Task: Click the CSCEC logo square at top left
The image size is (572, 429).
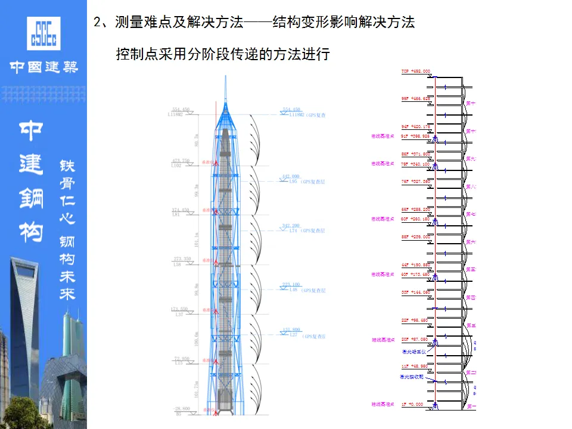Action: [x=43, y=33]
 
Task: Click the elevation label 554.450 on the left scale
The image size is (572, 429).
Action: [x=180, y=110]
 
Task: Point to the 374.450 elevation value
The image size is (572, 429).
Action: [x=180, y=210]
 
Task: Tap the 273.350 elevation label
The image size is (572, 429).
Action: [x=181, y=259]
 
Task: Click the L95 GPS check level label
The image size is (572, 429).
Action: [x=293, y=181]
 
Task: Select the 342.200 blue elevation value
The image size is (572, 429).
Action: [x=291, y=226]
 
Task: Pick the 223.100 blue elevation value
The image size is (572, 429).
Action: [x=291, y=285]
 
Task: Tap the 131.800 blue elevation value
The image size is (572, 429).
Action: [x=291, y=330]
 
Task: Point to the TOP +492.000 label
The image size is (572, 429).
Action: [x=415, y=71]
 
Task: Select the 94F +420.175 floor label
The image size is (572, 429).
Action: [x=415, y=127]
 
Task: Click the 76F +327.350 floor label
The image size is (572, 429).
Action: [x=415, y=181]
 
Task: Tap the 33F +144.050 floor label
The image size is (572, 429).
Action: [x=415, y=293]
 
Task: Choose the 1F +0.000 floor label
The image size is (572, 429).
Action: [x=412, y=404]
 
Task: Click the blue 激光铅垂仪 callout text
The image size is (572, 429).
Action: [x=412, y=351]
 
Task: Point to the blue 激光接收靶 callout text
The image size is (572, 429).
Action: [x=412, y=377]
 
